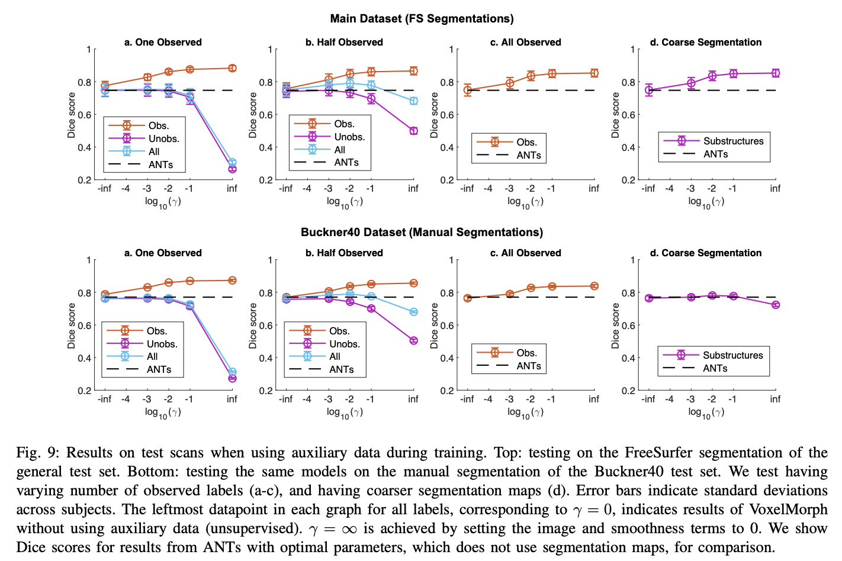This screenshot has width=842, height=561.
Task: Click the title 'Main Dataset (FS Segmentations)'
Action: point(422,18)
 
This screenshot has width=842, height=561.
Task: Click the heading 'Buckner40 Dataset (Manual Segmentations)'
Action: point(422,232)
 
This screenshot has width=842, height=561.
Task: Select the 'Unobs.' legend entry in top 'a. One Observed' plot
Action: point(163,138)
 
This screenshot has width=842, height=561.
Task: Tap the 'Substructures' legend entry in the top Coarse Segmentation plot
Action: point(733,141)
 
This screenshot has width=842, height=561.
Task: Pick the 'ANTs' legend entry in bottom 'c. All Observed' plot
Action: point(528,366)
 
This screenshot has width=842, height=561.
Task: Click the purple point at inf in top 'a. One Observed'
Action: point(232,169)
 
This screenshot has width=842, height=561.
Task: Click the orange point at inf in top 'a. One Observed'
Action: point(232,68)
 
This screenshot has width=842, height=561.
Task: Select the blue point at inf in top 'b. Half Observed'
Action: point(413,101)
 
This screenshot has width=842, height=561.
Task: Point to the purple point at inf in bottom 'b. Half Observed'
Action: point(413,340)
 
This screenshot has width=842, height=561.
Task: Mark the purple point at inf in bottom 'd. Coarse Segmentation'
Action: point(776,305)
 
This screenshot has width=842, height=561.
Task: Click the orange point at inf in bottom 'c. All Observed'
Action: point(594,286)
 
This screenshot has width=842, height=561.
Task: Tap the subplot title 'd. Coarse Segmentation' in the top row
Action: point(705,42)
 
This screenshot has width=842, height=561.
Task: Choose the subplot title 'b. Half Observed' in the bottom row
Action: point(344,253)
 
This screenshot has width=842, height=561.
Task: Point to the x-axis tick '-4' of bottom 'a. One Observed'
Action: point(126,399)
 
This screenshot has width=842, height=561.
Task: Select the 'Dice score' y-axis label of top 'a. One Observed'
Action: point(72,115)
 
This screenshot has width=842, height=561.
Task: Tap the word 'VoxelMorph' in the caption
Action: point(788,510)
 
